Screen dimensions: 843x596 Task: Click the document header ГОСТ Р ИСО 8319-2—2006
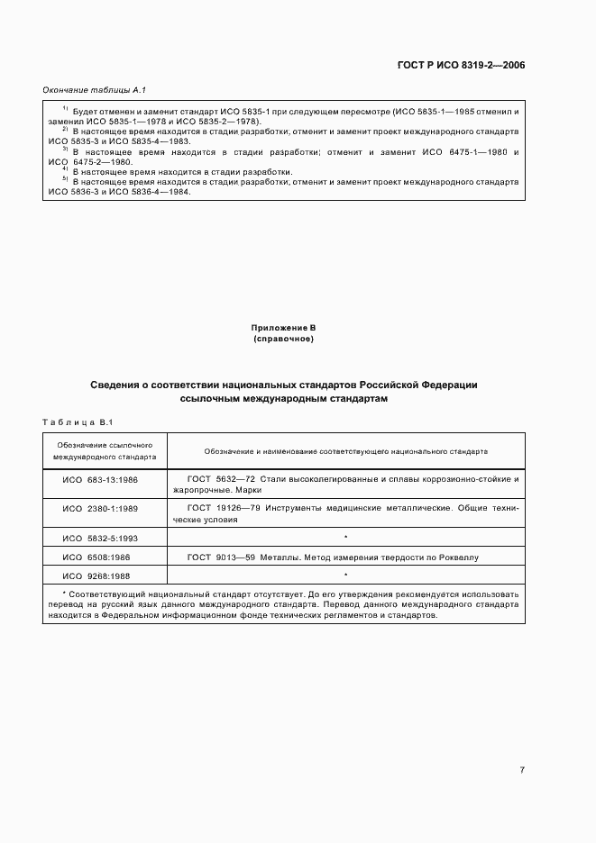point(461,66)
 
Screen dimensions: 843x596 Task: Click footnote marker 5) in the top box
point(65,180)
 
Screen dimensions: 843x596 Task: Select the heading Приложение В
point(283,328)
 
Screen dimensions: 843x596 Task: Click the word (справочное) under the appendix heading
point(283,339)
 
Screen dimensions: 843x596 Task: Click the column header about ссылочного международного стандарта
point(105,450)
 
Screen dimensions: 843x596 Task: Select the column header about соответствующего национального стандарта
point(345,450)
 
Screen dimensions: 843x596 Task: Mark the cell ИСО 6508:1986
point(96,557)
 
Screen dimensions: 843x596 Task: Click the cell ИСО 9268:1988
point(96,576)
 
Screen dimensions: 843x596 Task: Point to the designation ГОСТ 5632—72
point(220,478)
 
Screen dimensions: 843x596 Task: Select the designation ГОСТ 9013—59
point(220,557)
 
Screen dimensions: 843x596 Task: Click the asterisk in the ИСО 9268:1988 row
point(345,575)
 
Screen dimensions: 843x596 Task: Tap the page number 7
point(522,769)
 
